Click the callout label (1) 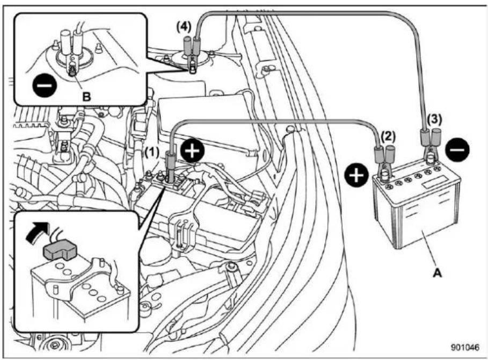(x=152, y=153)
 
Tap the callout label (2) (x=388, y=136)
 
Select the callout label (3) (x=434, y=119)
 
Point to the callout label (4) (x=184, y=27)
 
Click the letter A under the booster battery (x=438, y=273)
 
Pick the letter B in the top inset (x=86, y=97)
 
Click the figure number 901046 (x=465, y=347)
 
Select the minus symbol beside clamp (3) (x=457, y=150)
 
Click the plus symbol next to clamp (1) (x=193, y=152)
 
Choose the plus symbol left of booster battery (x=356, y=175)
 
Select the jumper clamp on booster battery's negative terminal (x=431, y=145)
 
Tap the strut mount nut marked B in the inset (x=72, y=71)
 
